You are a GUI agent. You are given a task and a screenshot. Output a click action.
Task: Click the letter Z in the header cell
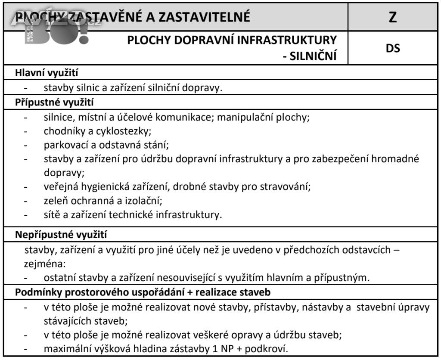392,17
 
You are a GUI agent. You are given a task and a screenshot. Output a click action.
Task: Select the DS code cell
392,48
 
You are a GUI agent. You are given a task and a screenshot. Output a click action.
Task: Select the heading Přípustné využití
55,102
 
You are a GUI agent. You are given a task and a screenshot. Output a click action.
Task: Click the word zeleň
55,200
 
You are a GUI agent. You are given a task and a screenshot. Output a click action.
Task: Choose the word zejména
43,263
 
